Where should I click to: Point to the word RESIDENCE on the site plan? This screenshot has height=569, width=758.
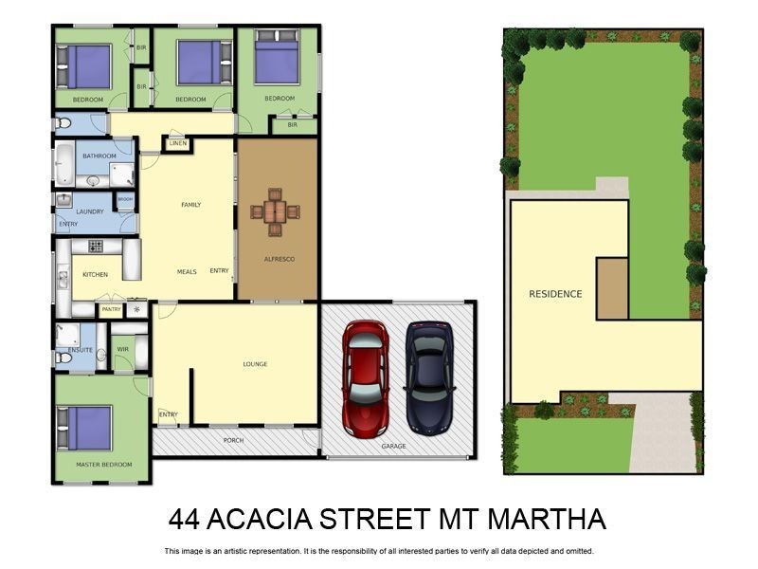pos(555,294)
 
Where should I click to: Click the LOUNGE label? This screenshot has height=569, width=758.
pos(255,364)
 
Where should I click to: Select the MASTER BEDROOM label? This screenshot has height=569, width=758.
pos(104,464)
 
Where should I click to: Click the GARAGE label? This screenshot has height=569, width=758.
pos(393,446)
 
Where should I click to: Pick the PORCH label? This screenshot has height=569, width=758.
pos(233,440)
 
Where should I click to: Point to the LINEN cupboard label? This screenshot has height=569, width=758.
pos(178,144)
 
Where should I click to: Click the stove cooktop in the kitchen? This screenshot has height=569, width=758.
pos(96,247)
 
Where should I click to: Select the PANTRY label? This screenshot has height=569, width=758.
pos(111,309)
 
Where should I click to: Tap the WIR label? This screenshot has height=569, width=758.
pos(122,349)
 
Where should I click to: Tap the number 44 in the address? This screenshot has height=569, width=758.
pos(186,520)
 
